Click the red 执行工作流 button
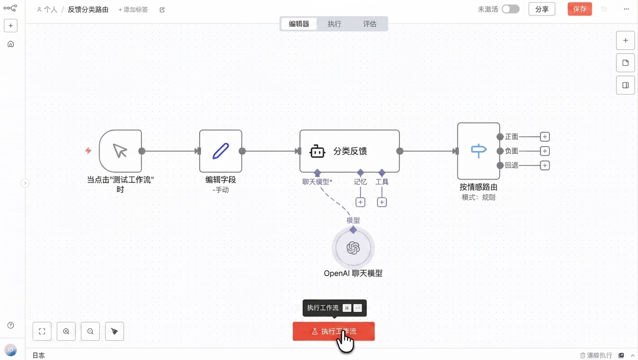click(334, 331)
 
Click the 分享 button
click(542, 9)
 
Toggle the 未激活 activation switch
click(511, 9)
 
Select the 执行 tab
click(334, 24)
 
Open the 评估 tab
click(370, 24)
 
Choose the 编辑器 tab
click(299, 24)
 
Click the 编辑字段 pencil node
click(221, 151)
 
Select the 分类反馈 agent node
click(349, 151)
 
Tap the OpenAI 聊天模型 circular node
click(353, 248)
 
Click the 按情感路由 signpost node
click(479, 151)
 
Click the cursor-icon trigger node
click(120, 151)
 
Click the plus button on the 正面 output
click(545, 137)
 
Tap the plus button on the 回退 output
click(545, 165)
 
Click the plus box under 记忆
click(360, 202)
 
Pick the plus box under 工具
click(382, 202)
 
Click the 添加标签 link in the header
click(133, 10)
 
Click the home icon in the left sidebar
click(10, 44)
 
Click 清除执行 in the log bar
click(596, 355)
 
